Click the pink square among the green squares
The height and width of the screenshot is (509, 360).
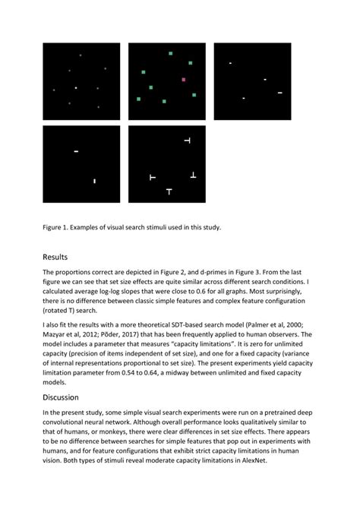tap(184, 79)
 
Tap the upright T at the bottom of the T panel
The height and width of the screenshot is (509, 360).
tap(169, 191)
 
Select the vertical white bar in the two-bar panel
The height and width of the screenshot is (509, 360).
tap(93, 181)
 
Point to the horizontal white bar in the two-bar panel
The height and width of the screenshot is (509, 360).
tap(76, 151)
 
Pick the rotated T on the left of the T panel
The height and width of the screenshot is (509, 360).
tap(152, 177)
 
